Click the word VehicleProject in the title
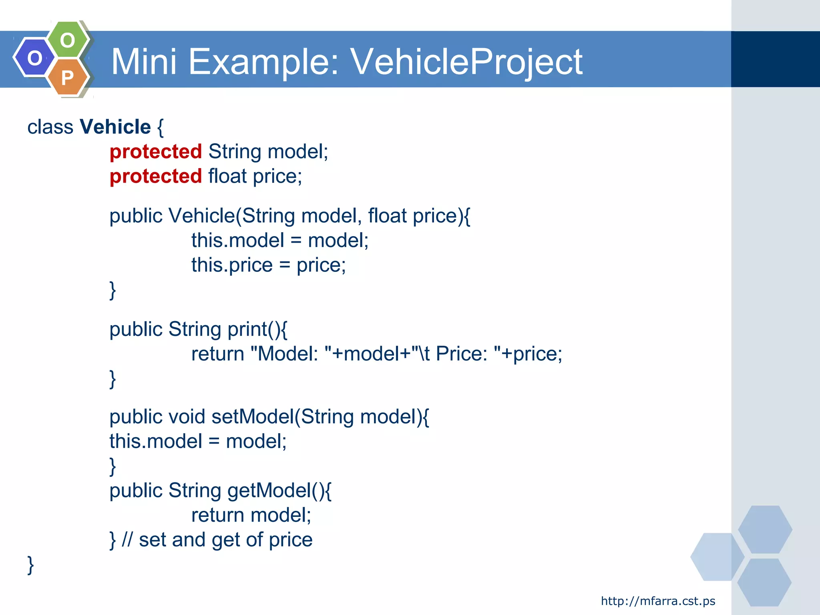(466, 62)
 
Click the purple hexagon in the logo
(34, 58)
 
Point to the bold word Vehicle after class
(115, 127)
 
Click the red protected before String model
(156, 152)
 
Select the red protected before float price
(156, 177)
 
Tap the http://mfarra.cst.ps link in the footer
(658, 601)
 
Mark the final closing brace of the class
(30, 565)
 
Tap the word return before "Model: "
(218, 354)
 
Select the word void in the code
(187, 417)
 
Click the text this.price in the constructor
(232, 265)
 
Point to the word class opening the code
(50, 127)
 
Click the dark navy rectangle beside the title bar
(775, 59)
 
